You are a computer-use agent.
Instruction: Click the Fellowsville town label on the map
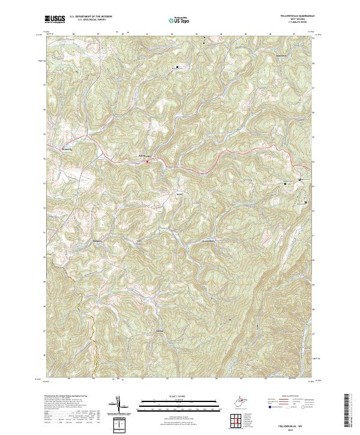[137, 157]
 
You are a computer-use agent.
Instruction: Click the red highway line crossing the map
[240, 152]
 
